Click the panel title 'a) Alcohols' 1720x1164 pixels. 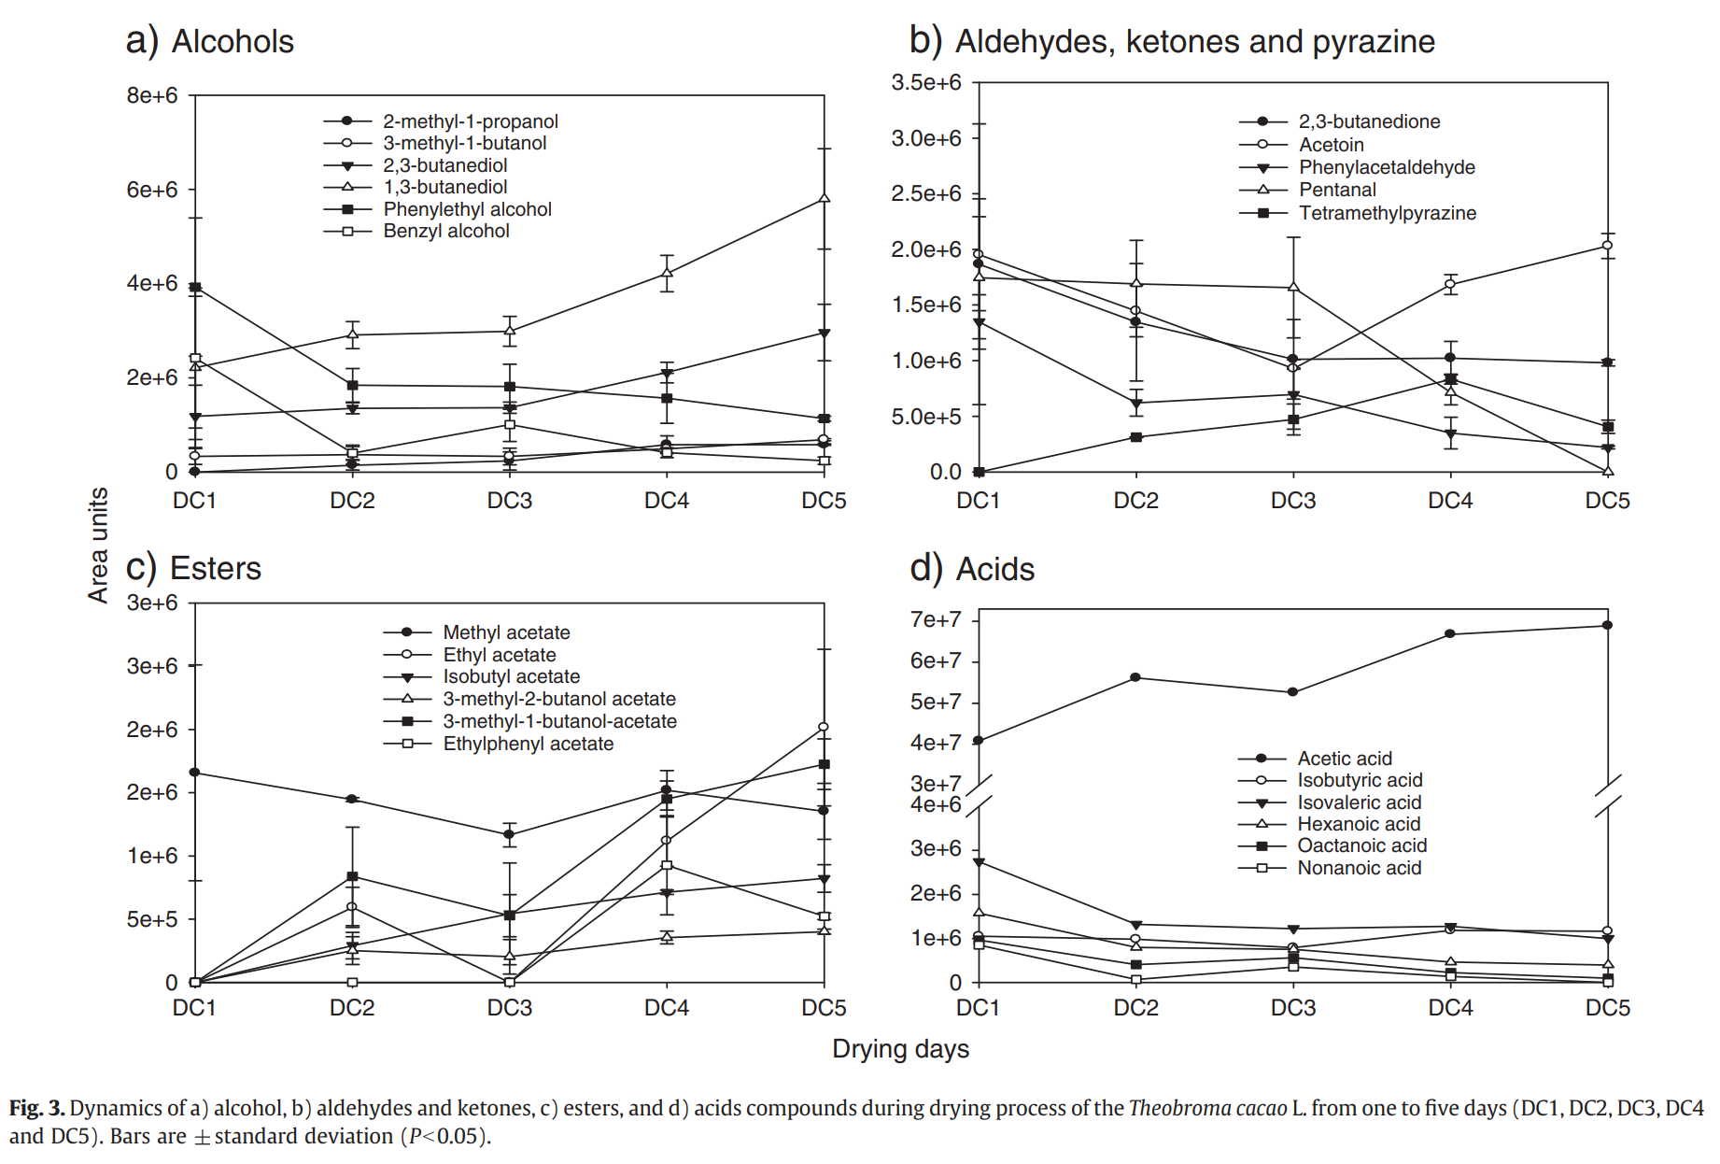210,41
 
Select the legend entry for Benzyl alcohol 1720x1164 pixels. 445,231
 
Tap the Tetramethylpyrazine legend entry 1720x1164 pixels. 1387,213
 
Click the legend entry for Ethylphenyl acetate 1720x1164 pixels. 528,744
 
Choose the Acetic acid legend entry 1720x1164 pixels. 1344,759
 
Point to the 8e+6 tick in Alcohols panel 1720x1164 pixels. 152,95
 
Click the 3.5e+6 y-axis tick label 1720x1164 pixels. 925,82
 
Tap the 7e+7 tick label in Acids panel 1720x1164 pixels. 935,619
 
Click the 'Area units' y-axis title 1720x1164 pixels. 98,546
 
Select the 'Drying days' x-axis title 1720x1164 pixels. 900,1049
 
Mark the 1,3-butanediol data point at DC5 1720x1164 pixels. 824,198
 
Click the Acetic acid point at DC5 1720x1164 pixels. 1607,625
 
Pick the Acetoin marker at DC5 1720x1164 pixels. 1607,246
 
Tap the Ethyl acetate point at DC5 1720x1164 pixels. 824,727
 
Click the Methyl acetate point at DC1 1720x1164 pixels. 195,773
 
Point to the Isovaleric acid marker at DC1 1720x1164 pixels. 979,862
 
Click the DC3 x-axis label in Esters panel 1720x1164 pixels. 509,1008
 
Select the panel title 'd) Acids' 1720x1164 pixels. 972,568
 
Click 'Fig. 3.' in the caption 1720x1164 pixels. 37,1108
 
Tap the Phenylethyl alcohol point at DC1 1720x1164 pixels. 195,288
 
